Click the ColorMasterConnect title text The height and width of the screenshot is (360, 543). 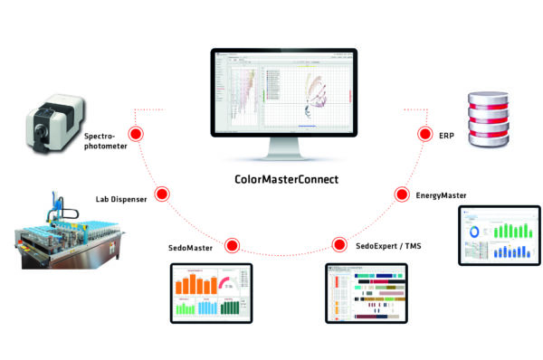(281, 179)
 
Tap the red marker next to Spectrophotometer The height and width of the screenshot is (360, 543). (137, 134)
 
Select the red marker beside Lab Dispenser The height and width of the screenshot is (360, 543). (164, 192)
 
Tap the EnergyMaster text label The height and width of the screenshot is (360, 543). (444, 194)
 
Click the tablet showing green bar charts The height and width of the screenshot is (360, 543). (499, 234)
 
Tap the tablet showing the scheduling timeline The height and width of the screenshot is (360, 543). (367, 295)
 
